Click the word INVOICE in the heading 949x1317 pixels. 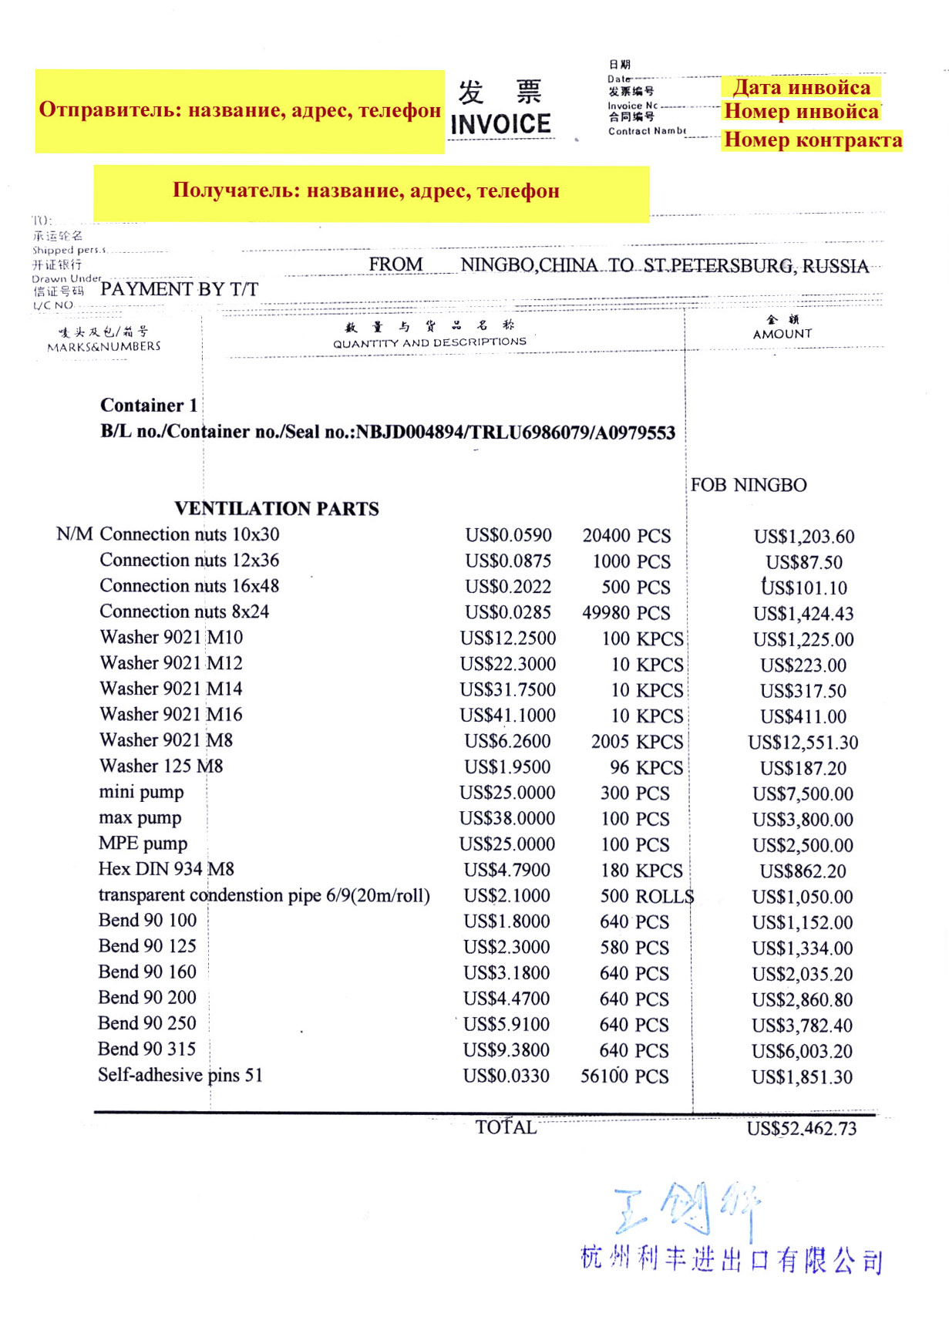point(500,124)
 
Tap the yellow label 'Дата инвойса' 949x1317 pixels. point(801,87)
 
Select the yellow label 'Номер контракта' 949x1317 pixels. point(813,140)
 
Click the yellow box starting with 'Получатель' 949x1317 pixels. point(370,191)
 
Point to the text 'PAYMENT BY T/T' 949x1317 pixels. point(179,289)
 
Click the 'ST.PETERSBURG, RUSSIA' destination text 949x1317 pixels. point(755,266)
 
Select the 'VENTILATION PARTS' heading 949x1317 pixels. point(277,509)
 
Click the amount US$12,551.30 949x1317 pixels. point(803,743)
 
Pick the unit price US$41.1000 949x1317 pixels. point(507,716)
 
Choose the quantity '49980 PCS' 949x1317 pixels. point(626,613)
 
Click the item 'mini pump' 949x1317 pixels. point(141,792)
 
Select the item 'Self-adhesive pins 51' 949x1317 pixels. point(180,1075)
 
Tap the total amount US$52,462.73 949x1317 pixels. point(801,1129)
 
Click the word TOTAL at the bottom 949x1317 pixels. point(506,1127)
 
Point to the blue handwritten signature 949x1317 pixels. point(686,1208)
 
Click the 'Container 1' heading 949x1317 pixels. point(149,406)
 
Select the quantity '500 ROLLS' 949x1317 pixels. point(647,896)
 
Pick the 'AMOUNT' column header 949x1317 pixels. point(782,334)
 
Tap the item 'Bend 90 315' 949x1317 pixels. point(146,1049)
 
